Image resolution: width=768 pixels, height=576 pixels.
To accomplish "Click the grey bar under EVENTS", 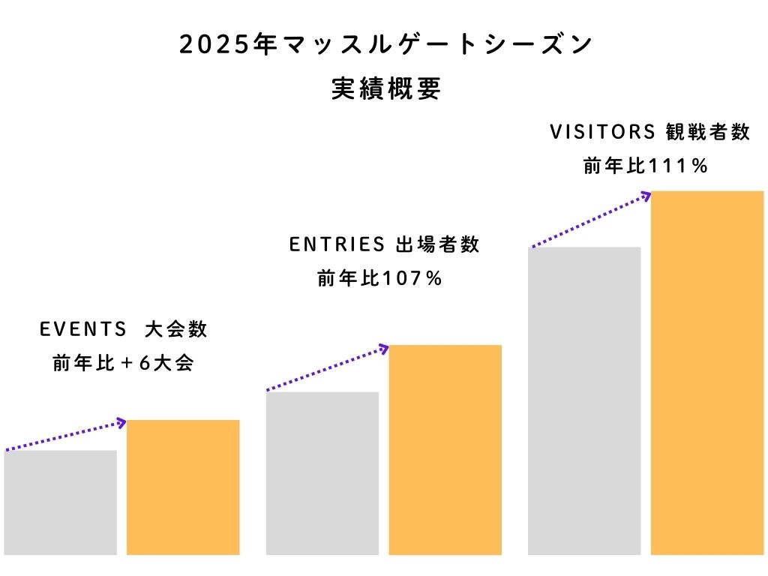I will (60, 502).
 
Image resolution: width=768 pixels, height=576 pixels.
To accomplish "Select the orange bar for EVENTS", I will (183, 487).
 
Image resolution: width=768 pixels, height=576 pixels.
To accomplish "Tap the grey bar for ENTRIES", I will (322, 472).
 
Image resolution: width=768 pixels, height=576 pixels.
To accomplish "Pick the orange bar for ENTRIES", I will (445, 450).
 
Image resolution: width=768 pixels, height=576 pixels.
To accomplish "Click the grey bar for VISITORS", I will (584, 401).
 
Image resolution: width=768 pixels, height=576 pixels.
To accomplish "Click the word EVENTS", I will (83, 330).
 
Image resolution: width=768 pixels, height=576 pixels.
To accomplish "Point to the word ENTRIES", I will (337, 245).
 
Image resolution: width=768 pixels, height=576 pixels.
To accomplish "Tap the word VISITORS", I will (603, 133).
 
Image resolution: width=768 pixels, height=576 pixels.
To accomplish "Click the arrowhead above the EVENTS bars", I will (121, 423).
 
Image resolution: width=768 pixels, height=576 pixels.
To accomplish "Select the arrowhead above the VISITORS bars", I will (646, 195).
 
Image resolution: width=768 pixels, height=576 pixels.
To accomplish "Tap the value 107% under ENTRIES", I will (412, 279).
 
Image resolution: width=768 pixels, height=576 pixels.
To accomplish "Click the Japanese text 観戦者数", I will (707, 133).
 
